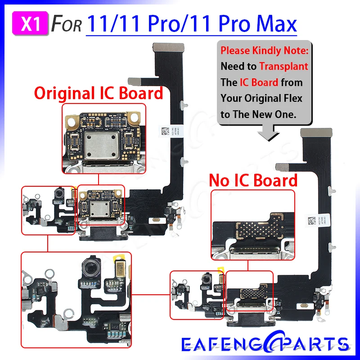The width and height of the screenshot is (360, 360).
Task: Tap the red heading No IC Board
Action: click(x=253, y=180)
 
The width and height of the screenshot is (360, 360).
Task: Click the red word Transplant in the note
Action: click(x=283, y=67)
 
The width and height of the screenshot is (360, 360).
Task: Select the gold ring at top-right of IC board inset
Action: click(x=133, y=117)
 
